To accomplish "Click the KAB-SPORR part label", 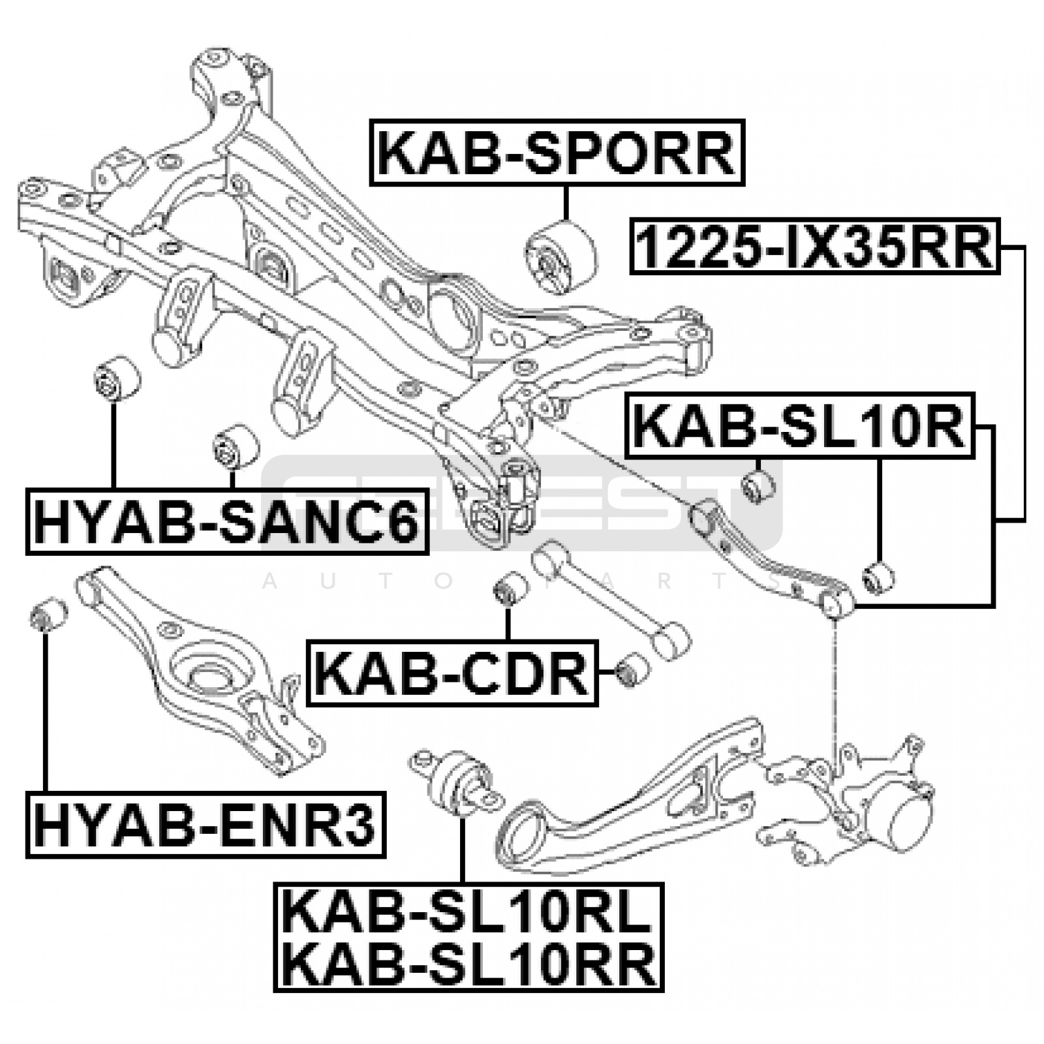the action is (x=557, y=153).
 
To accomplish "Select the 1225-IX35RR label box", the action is (x=815, y=246).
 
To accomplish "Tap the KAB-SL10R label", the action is (x=799, y=425).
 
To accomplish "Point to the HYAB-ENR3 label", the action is (x=206, y=824).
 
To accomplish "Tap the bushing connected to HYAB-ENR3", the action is (x=49, y=613).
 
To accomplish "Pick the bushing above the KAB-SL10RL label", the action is (x=457, y=782).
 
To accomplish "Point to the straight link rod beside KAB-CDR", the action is (x=611, y=599).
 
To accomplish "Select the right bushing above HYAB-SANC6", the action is (x=236, y=446).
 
